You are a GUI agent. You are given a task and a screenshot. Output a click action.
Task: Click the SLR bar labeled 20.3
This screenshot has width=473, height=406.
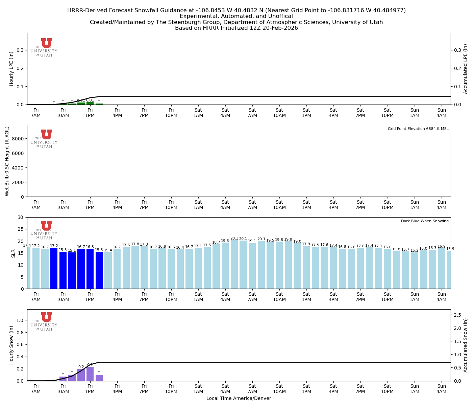pos(234,265)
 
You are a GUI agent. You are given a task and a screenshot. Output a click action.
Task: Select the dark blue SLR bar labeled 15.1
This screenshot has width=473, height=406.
pos(72,270)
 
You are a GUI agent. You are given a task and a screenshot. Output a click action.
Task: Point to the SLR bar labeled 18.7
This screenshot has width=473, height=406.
pos(216,266)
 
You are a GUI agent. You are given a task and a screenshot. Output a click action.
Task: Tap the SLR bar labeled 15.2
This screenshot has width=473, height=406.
pos(415,270)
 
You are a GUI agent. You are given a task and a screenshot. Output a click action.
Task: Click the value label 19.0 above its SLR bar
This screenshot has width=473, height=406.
pos(297,242)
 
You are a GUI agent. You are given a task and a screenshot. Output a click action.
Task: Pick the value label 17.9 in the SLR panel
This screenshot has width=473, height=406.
pos(306,244)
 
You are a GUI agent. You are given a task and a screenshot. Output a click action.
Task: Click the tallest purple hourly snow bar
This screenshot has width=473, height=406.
pos(90,374)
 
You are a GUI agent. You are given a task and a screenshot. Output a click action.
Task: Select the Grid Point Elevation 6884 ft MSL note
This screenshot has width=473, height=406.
pos(418,129)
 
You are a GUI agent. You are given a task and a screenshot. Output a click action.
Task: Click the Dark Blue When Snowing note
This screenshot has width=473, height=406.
pos(425,221)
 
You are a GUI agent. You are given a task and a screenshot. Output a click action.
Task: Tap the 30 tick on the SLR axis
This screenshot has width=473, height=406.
pos(21,217)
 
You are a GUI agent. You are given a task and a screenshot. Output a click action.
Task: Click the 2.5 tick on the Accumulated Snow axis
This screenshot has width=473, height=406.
pos(458,315)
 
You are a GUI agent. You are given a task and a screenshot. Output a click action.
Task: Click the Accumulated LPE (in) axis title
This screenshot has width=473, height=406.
pos(466,69)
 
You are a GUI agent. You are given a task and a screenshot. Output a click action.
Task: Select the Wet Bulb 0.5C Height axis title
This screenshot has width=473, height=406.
pos(7,161)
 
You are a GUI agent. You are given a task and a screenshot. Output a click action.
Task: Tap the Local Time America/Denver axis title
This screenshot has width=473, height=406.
pos(239,398)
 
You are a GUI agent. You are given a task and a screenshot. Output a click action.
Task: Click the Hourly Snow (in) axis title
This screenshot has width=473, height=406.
pos(11,345)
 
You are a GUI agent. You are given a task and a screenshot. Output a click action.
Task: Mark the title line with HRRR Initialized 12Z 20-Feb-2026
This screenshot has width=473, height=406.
pos(236,28)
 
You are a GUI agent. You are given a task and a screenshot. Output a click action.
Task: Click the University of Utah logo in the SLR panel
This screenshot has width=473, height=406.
pos(44,230)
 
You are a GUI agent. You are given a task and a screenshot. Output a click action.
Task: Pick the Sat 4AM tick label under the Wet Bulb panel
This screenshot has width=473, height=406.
pos(225,205)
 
